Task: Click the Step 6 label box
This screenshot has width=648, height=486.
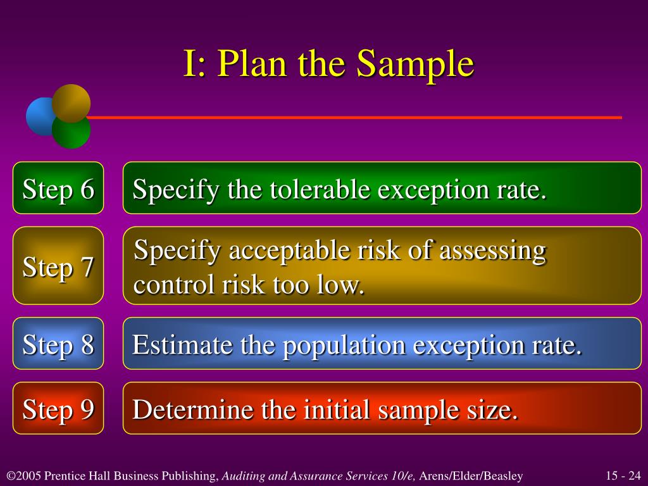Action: [x=58, y=189]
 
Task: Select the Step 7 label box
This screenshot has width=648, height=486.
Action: [x=58, y=266]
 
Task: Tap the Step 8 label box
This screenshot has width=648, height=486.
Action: [x=58, y=344]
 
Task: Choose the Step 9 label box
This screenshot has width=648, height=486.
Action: [x=58, y=409]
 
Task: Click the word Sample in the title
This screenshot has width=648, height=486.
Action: [x=414, y=65]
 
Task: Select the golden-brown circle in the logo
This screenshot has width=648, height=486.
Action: [x=71, y=102]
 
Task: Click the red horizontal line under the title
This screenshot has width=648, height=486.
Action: [x=354, y=118]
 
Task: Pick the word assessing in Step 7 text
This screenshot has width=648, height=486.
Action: [x=492, y=252]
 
